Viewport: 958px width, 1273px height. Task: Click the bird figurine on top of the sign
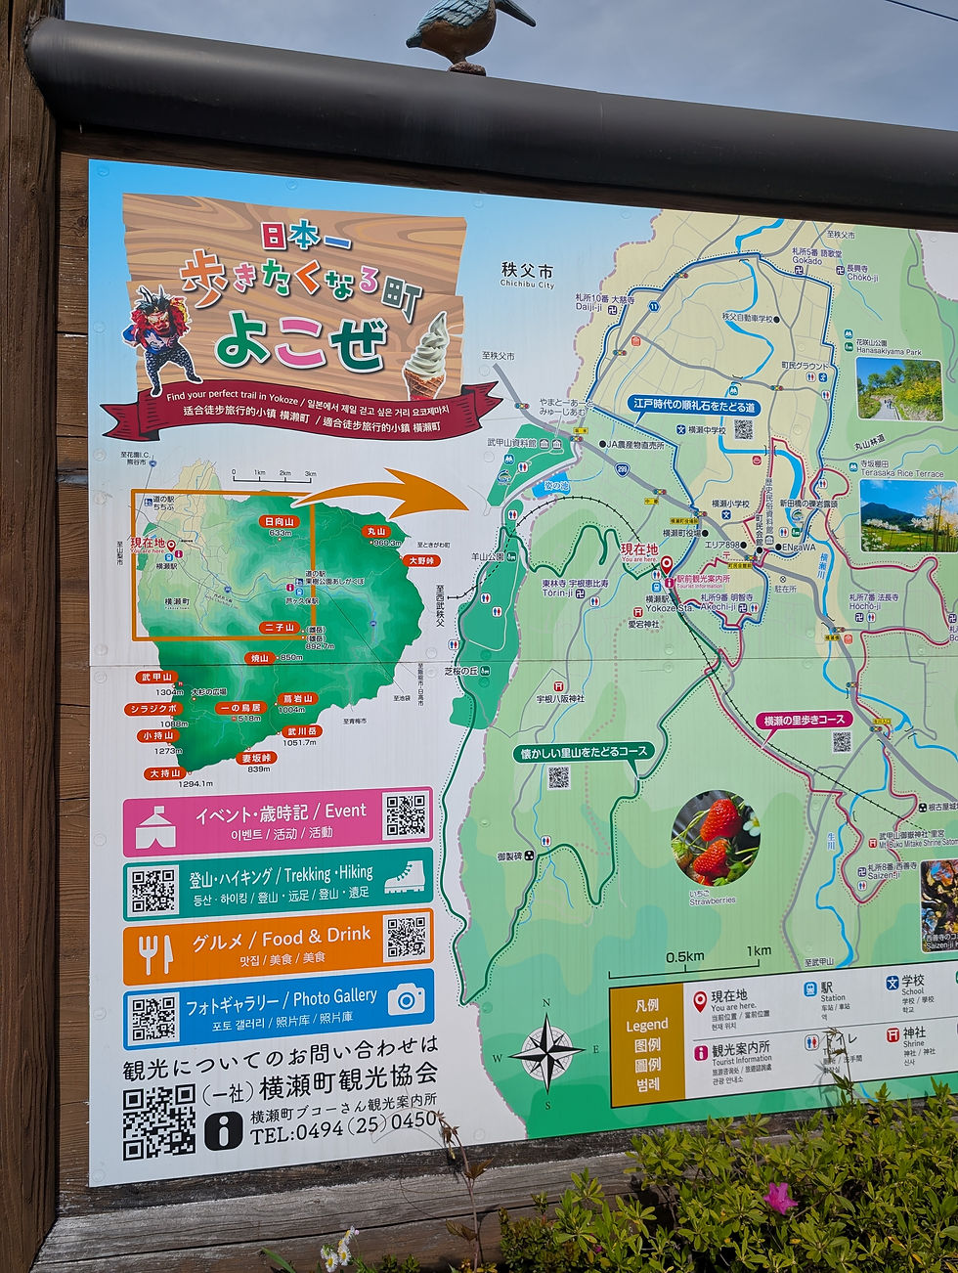[467, 32]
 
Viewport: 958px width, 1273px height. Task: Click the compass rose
[546, 1052]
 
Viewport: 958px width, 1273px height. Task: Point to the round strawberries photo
[715, 837]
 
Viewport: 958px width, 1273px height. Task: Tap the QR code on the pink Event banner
[406, 815]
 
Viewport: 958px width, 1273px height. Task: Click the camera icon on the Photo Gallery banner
[406, 999]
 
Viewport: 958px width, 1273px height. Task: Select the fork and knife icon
[154, 953]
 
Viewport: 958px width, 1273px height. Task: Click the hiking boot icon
[404, 877]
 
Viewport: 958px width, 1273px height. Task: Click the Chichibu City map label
[527, 274]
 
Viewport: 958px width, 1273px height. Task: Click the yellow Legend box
[646, 1045]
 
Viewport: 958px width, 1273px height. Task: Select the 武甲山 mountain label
[156, 677]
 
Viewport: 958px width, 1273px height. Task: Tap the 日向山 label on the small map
[279, 521]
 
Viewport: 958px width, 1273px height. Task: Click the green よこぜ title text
[300, 342]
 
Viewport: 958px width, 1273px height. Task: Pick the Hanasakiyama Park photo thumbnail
[897, 388]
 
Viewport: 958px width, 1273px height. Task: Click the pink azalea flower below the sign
[780, 1197]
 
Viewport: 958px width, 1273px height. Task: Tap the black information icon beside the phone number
[223, 1131]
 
